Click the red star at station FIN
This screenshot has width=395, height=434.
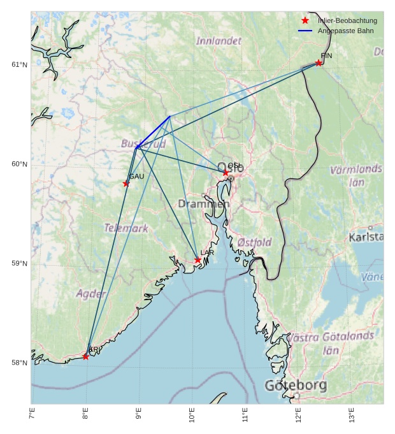click(x=319, y=62)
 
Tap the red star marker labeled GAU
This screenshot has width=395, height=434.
click(x=126, y=184)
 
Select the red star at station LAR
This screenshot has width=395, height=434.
click(x=198, y=259)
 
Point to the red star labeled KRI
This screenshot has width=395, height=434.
click(x=86, y=356)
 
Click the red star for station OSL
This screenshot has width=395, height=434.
click(x=226, y=173)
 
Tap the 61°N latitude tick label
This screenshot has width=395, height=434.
click(x=19, y=65)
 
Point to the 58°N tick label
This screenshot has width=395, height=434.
click(x=19, y=363)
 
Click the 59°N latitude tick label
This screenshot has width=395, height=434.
click(x=19, y=264)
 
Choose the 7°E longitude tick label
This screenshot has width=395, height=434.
click(x=32, y=415)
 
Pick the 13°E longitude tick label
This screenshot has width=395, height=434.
click(x=352, y=415)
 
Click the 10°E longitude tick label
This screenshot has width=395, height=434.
click(x=192, y=415)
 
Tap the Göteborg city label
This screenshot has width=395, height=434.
click(x=296, y=386)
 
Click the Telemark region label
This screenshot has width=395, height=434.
click(x=126, y=228)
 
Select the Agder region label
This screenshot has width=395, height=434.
click(x=91, y=294)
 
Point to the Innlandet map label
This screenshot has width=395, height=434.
click(x=219, y=41)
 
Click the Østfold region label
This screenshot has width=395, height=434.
click(x=254, y=242)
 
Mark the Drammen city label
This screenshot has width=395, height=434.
click(x=203, y=204)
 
